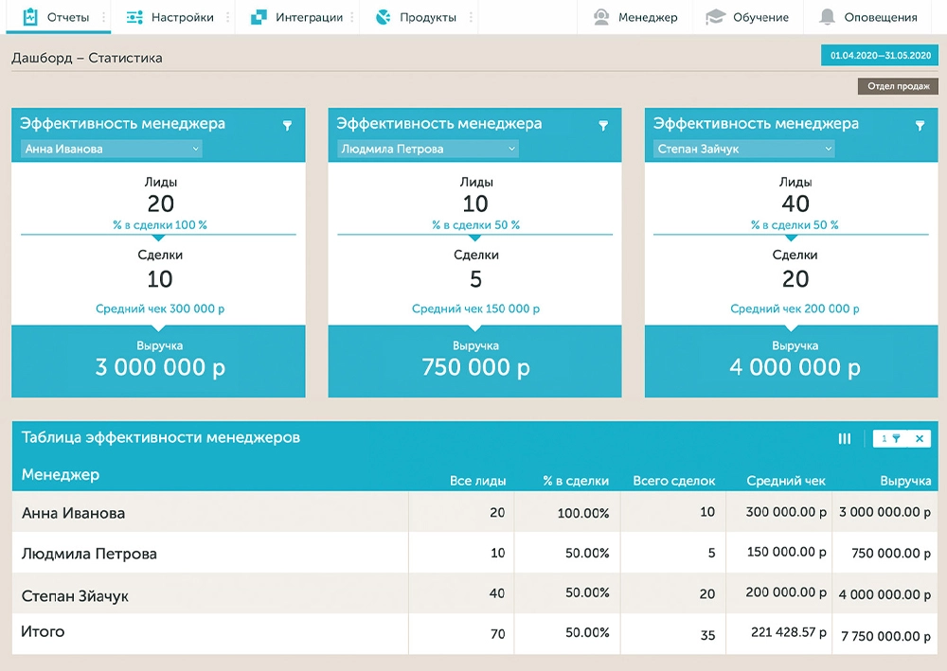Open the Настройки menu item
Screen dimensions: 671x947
point(171,17)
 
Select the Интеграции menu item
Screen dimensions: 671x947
point(297,17)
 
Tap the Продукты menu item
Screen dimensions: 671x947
point(417,17)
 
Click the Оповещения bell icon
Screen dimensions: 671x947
point(828,17)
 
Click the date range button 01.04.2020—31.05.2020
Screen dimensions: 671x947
point(880,56)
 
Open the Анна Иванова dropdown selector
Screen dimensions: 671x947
point(112,149)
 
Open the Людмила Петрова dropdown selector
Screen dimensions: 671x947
point(428,149)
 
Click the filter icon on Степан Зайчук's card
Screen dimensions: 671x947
point(920,126)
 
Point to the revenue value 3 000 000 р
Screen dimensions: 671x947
point(160,368)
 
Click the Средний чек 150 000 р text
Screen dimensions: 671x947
point(475,309)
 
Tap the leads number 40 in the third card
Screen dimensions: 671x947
point(795,203)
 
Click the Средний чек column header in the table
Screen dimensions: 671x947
point(786,481)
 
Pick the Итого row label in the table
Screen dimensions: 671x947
point(43,631)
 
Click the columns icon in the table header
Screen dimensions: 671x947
point(845,438)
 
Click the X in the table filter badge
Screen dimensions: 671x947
point(919,438)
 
